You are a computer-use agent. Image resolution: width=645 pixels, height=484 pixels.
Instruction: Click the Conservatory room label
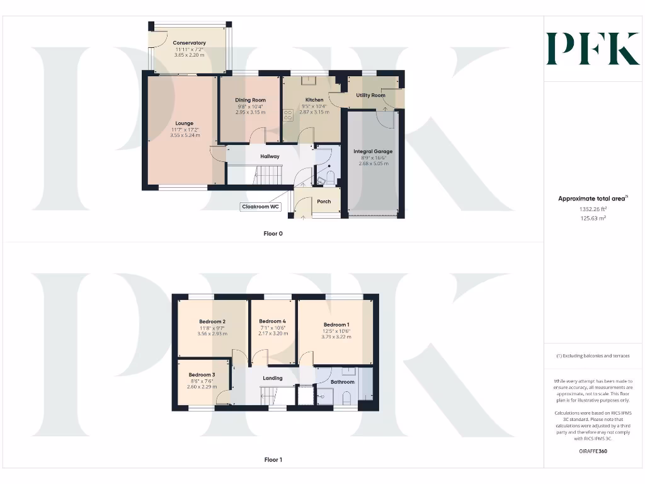189,43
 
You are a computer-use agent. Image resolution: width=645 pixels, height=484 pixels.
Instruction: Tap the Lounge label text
185,124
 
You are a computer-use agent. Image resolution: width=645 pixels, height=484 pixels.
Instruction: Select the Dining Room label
250,100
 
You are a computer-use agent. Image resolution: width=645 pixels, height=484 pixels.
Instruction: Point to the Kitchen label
314,100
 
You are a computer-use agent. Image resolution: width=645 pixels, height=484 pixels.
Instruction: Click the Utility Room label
370,95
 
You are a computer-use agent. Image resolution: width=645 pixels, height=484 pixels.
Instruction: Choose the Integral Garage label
373,152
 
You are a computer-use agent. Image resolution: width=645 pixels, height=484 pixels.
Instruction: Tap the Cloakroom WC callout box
261,207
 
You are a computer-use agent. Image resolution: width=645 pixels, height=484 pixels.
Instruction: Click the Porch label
324,202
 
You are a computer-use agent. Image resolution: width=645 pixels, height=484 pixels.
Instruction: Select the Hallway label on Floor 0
270,156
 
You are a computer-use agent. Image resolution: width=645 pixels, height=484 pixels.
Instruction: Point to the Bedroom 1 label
335,325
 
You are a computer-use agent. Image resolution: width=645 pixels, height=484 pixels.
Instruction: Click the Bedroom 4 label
273,321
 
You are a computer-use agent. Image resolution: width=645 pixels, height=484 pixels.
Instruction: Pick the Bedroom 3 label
202,375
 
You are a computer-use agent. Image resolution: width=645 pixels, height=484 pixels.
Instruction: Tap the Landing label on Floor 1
273,378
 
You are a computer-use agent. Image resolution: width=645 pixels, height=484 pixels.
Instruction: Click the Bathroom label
343,382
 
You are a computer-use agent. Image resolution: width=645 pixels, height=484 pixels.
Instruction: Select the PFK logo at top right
593,49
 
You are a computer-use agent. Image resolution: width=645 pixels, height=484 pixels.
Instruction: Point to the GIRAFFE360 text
592,451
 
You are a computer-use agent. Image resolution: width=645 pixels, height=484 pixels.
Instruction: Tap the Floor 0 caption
273,233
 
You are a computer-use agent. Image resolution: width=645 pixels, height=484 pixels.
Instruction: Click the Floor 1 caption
273,460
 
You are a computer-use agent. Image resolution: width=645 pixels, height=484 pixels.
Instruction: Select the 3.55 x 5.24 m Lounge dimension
185,135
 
